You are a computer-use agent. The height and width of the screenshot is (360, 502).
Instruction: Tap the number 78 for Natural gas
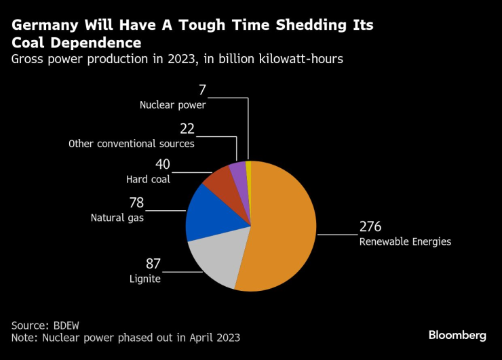(x=136, y=203)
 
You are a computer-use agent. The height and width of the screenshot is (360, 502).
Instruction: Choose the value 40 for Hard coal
(x=163, y=165)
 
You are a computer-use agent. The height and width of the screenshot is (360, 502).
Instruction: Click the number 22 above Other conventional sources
(x=187, y=129)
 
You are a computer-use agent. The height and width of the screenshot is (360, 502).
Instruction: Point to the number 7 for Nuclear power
(x=202, y=90)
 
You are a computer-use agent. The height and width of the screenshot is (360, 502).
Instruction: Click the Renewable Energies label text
(x=405, y=241)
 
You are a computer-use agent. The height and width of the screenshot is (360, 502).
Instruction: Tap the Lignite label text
(x=144, y=279)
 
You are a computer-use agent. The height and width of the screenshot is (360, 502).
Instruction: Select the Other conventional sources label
(x=132, y=144)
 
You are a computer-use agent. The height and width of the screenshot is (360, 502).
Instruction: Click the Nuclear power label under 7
(x=172, y=105)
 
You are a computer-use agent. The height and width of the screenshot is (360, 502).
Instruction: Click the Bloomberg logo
(x=457, y=335)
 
